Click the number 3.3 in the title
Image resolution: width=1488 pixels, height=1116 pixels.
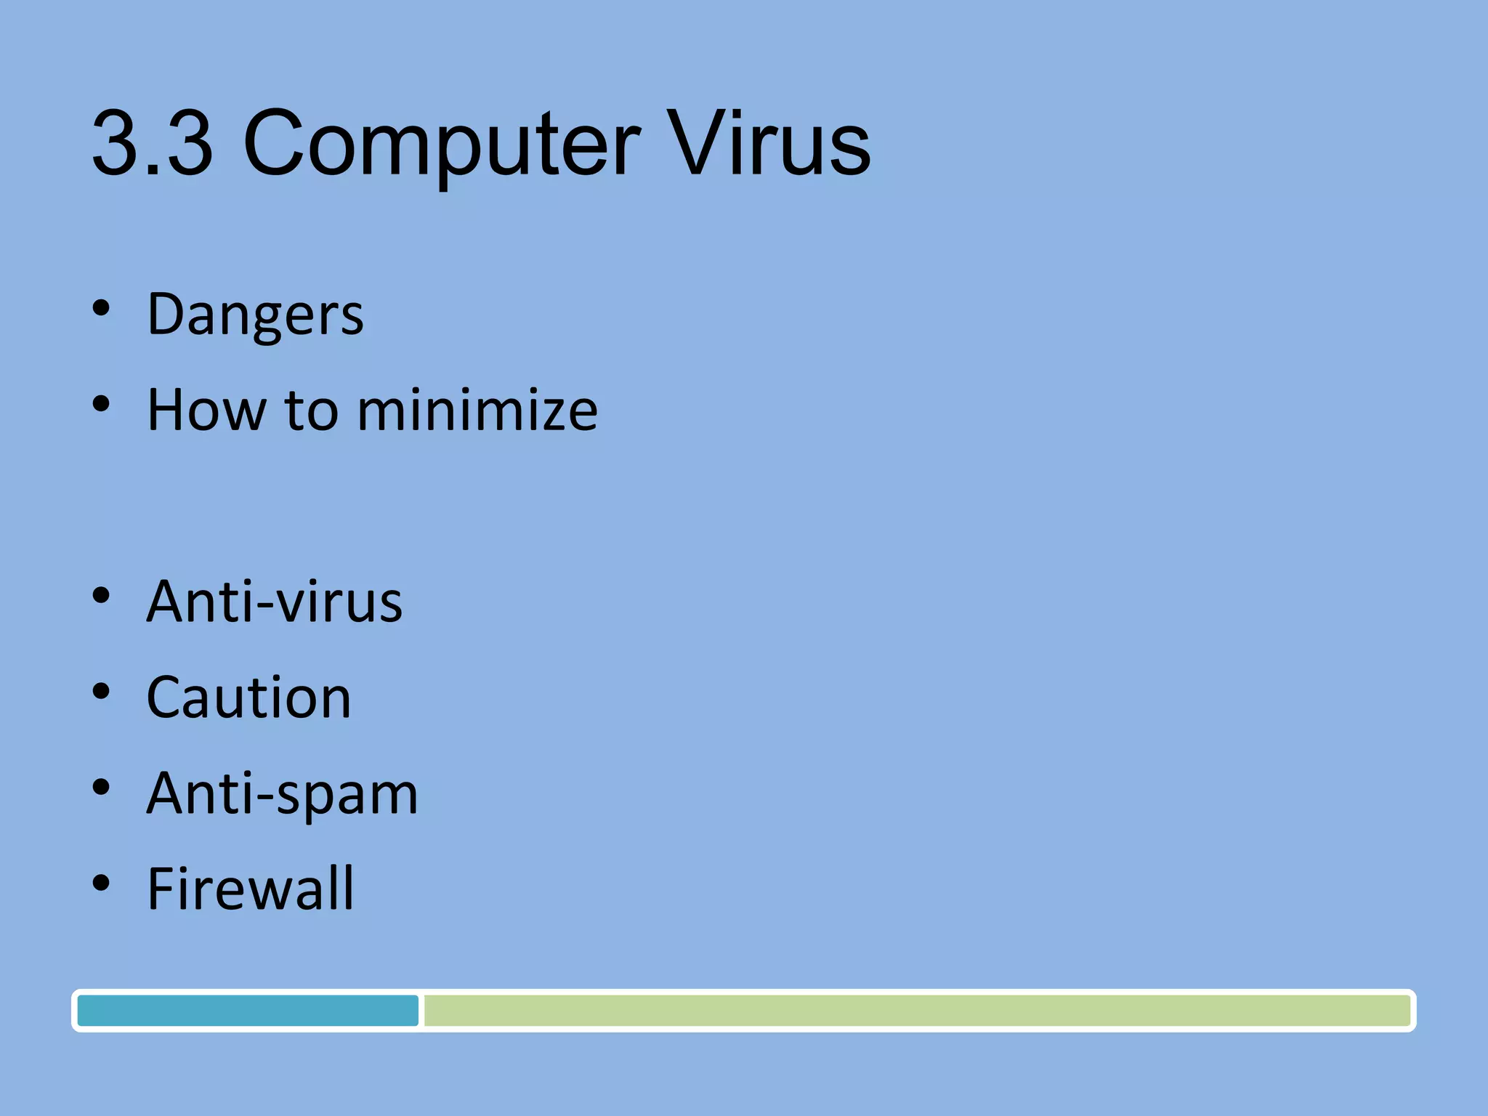click(153, 142)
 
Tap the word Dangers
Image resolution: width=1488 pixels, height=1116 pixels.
click(255, 315)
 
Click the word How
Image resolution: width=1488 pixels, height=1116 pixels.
click(206, 410)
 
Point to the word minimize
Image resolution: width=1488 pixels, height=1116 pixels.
click(477, 410)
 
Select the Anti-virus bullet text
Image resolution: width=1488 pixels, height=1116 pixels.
click(274, 602)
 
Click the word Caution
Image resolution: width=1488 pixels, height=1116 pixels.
click(248, 697)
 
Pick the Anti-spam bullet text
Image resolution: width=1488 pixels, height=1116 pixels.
click(282, 793)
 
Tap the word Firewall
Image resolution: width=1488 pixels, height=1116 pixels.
click(250, 889)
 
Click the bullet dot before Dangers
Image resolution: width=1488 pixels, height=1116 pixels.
click(101, 308)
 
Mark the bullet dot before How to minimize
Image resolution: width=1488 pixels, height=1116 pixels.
click(101, 404)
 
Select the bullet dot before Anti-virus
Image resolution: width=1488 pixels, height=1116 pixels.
click(101, 596)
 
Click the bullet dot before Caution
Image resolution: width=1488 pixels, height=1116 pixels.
click(101, 692)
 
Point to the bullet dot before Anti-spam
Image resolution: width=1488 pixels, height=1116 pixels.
click(101, 788)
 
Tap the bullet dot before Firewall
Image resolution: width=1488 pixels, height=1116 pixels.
click(101, 883)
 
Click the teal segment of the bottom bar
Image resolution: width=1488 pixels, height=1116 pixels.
click(247, 1011)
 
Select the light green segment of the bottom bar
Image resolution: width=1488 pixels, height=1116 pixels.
click(915, 1011)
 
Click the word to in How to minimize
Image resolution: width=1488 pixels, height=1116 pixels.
click(311, 410)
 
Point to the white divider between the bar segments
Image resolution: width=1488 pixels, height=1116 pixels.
click(421, 1011)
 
